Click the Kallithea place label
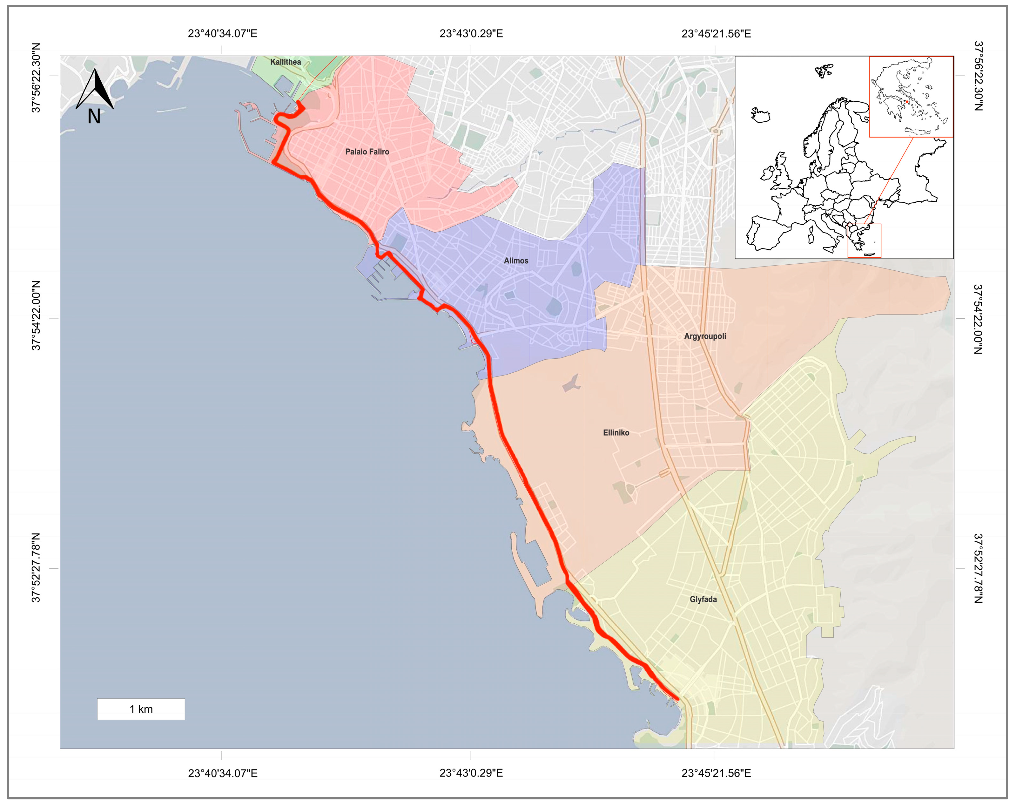[x=285, y=62]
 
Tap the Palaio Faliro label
[x=367, y=152]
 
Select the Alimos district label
[x=516, y=261]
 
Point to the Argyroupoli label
[x=705, y=336]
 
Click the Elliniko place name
[x=616, y=433]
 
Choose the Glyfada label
[x=703, y=600]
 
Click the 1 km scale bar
[x=141, y=709]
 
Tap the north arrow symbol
[x=95, y=90]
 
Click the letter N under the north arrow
[x=94, y=116]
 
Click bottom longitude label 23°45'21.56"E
[x=716, y=773]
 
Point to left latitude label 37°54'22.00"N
[x=36, y=315]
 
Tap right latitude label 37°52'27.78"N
[x=978, y=568]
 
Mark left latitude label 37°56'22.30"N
[x=36, y=78]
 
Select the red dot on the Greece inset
[x=907, y=101]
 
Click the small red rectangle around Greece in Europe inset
[x=864, y=241]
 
